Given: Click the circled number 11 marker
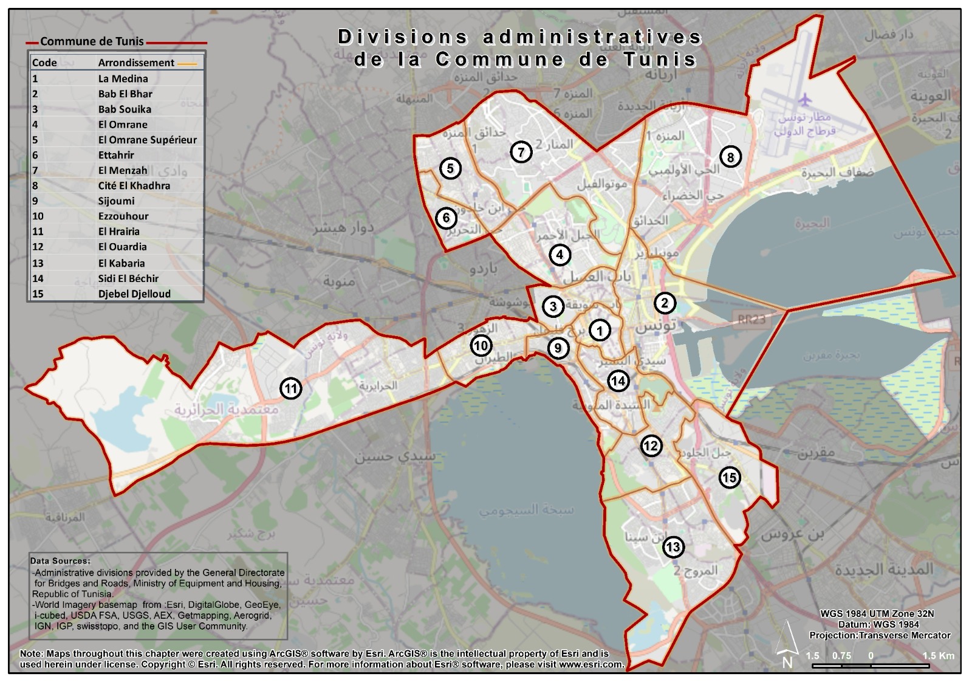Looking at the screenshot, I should pyautogui.click(x=291, y=388).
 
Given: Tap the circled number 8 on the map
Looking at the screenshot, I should pyautogui.click(x=730, y=157).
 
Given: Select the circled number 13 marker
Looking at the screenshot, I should pyautogui.click(x=673, y=547).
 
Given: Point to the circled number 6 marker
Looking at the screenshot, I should pyautogui.click(x=446, y=218).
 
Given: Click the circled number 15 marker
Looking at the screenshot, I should pyautogui.click(x=729, y=478).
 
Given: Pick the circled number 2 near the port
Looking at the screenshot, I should pyautogui.click(x=664, y=303).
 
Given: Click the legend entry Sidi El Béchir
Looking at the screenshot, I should pyautogui.click(x=128, y=278).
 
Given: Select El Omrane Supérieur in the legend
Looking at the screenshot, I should pyautogui.click(x=148, y=140).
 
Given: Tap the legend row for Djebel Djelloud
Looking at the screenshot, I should pyautogui.click(x=134, y=294).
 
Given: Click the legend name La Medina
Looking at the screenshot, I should pyautogui.click(x=123, y=78).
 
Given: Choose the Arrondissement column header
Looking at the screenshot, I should pyautogui.click(x=136, y=63).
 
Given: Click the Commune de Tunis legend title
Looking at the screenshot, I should pyautogui.click(x=92, y=41).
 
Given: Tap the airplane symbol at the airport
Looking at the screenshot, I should pyautogui.click(x=805, y=98).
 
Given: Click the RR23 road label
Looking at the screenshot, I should pyautogui.click(x=751, y=319).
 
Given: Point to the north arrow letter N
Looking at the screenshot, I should pyautogui.click(x=787, y=663).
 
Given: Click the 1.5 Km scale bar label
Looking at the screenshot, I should pyautogui.click(x=938, y=656).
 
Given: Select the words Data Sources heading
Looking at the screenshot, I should pyautogui.click(x=60, y=561).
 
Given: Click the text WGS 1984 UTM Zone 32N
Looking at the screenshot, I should pyautogui.click(x=877, y=614).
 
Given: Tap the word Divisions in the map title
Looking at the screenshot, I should pyautogui.click(x=403, y=37).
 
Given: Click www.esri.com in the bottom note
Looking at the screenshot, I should pyautogui.click(x=591, y=664).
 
